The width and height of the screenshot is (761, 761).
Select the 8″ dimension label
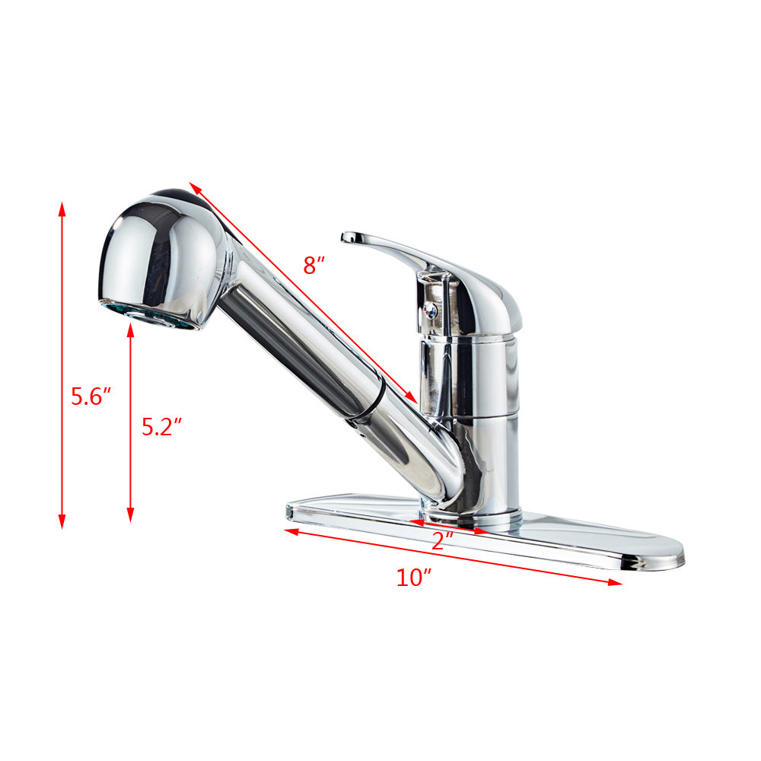point(314,265)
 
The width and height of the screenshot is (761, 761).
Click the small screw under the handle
point(431,309)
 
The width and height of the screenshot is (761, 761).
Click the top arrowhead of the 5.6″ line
point(62,206)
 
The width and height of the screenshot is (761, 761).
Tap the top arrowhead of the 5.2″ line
point(130,327)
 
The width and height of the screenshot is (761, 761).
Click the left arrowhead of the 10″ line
point(289,531)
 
